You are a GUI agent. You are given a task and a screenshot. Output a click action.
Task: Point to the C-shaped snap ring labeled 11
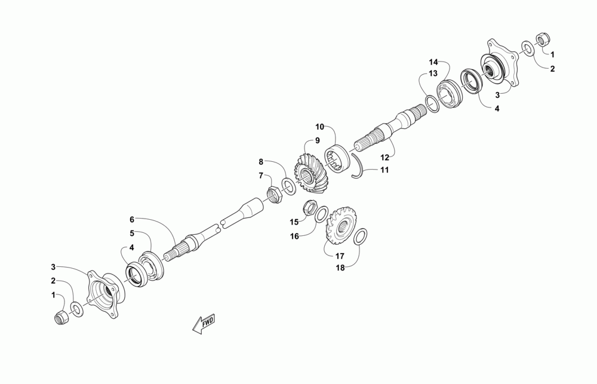click(357, 165)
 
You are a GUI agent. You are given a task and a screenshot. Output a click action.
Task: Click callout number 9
click(318, 140)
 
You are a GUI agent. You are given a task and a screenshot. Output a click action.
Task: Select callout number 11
click(384, 170)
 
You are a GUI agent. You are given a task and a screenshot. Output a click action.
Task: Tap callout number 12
click(385, 158)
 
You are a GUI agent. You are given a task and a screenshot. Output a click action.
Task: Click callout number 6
click(132, 219)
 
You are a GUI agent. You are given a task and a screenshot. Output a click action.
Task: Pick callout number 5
click(132, 233)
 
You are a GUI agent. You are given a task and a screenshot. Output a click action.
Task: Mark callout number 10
click(319, 127)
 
